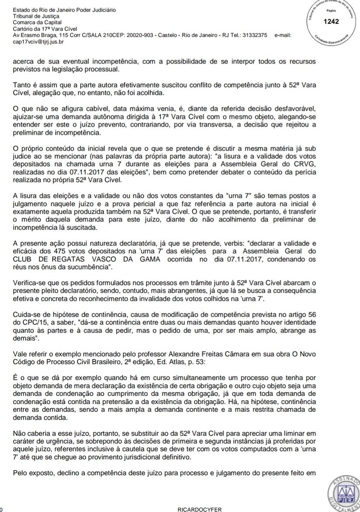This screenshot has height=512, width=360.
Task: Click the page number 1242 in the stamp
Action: (331, 21)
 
